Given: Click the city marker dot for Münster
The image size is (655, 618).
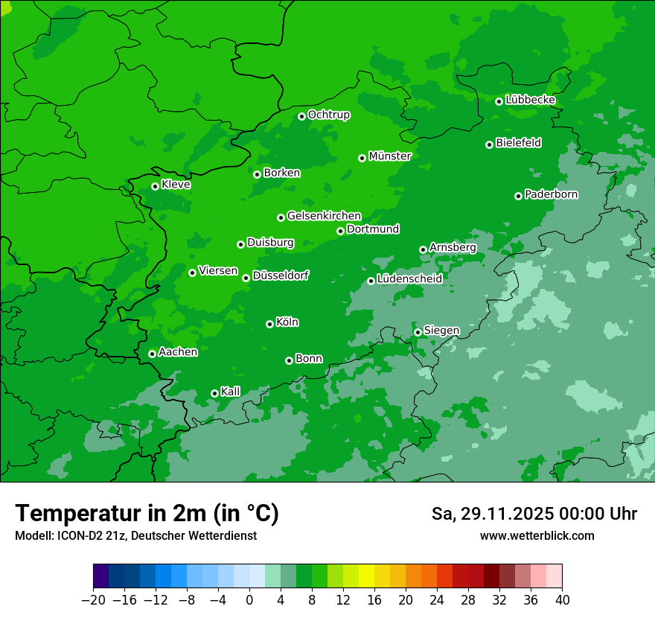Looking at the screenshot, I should tap(362, 158).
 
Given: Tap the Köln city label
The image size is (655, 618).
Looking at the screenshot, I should tap(287, 322).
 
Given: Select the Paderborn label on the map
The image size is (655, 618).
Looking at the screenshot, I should tap(552, 194).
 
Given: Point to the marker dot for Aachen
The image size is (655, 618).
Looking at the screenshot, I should tap(152, 354).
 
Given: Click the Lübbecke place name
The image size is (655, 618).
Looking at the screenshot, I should tap(531, 100).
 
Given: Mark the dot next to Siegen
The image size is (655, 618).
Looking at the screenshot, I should tap(418, 332).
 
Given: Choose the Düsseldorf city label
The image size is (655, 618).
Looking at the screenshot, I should tap(281, 275).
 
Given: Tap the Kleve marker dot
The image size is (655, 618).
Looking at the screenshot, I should tap(155, 186).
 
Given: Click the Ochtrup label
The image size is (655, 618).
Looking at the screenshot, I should tap(329, 115).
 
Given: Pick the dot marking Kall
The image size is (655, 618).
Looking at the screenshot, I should tap(214, 393).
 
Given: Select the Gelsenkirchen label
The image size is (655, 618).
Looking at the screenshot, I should tap(325, 216).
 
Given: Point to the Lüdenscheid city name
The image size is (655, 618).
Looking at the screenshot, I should tap(410, 279).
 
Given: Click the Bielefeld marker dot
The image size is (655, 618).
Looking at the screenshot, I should tap(489, 144).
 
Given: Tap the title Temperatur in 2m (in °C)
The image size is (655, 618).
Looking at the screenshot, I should tap(147, 513).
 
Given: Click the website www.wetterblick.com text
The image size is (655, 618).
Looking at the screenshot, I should tap(537, 535).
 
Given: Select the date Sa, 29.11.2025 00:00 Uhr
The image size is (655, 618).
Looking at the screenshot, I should tap(534, 514).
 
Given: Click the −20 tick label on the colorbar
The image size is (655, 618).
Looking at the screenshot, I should tap(93, 600).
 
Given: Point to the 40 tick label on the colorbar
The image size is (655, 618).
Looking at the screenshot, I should tap(562, 600).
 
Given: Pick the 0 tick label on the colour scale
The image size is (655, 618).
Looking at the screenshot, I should tap(249, 600).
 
